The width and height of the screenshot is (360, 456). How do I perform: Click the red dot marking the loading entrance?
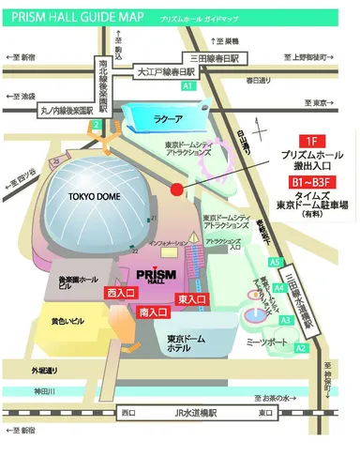[x=176, y=190]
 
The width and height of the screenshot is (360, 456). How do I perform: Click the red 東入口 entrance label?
[x=190, y=298]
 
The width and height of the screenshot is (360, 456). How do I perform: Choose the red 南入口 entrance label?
[x=152, y=311]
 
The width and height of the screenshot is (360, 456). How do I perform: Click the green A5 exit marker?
[x=274, y=263]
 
